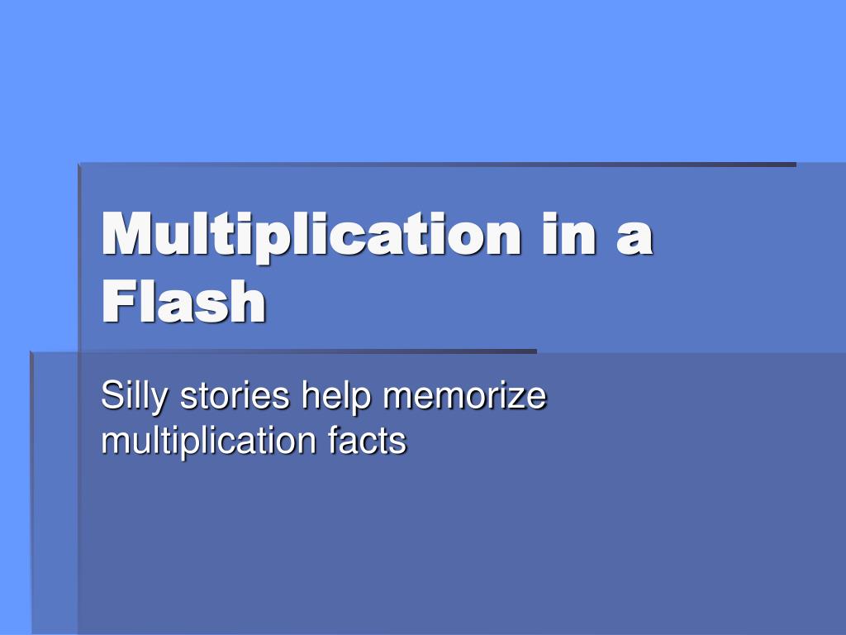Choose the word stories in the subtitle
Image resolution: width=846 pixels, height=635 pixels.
click(235, 396)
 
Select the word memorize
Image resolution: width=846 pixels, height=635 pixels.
click(464, 396)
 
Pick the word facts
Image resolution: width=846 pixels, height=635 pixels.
click(366, 440)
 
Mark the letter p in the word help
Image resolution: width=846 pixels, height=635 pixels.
click(362, 403)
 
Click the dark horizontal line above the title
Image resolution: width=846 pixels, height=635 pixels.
click(437, 165)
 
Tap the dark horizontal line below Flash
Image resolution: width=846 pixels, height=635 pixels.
click(283, 351)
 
